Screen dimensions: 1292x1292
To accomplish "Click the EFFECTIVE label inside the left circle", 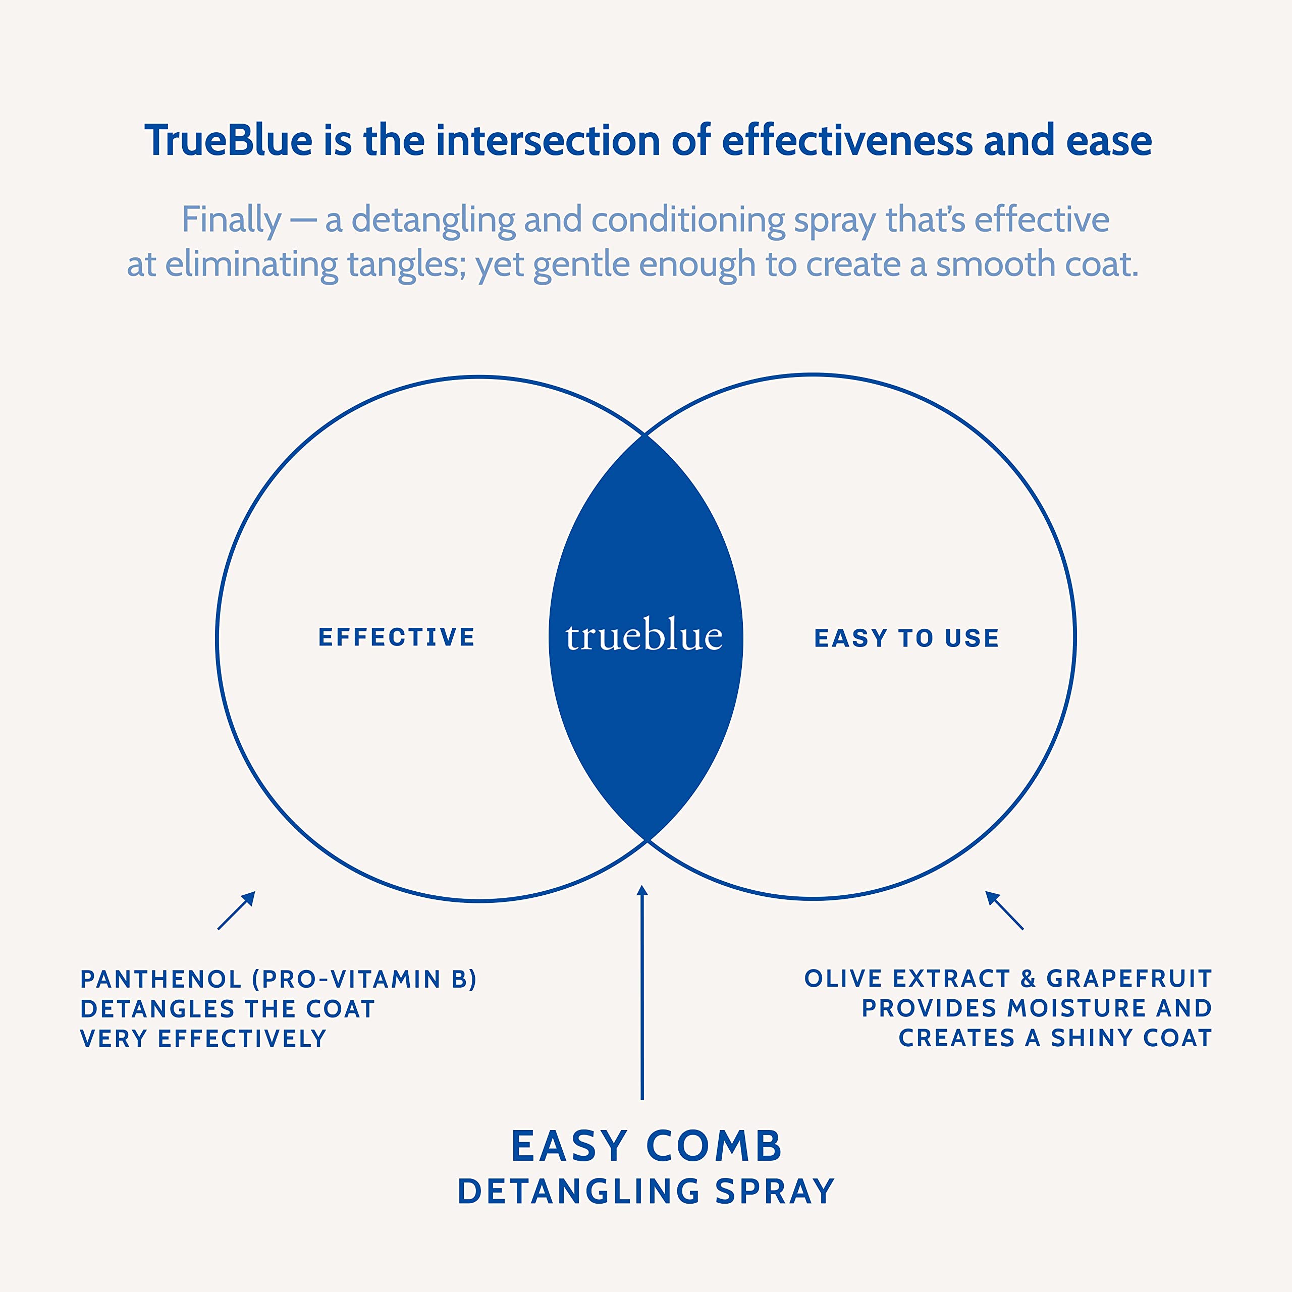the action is (397, 637).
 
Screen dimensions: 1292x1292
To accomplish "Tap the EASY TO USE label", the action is (906, 638).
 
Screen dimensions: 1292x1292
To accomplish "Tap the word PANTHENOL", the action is (160, 980).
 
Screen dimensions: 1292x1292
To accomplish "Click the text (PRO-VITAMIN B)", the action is (364, 980).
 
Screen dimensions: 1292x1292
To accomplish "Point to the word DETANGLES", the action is (157, 1009).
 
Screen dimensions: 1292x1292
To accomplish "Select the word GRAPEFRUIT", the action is (1129, 979).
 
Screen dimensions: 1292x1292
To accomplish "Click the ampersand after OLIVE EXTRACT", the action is (1028, 979).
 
